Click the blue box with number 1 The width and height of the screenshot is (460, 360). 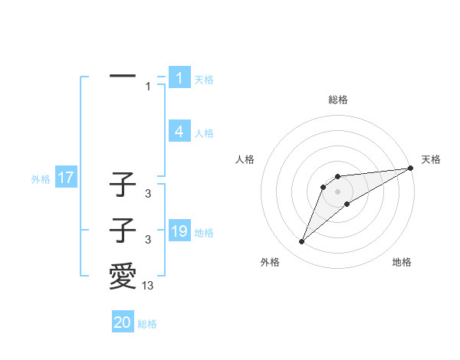pos(179,78)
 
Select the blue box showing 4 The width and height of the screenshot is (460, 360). pos(179,132)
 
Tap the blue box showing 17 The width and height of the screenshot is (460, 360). pos(65,178)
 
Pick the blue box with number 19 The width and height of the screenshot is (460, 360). pos(179,231)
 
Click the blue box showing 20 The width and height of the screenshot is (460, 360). pos(123,322)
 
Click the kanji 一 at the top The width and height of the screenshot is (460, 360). pos(123,77)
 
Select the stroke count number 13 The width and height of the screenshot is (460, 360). pos(148,286)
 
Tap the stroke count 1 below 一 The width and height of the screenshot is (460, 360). pos(148,87)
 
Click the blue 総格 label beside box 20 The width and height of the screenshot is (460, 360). pos(147,324)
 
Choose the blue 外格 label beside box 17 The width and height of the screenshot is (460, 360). pos(41,179)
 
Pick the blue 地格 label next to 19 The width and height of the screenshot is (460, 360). pos(204,232)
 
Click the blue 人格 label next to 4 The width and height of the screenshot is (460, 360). pos(204,133)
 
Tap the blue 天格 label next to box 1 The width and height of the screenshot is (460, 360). pos(204,79)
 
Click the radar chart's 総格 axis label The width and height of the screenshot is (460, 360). pos(337,100)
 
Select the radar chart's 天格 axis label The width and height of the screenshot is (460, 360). pos(431,159)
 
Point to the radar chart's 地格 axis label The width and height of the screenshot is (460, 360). pos(402,262)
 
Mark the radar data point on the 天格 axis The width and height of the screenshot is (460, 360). pos(410,169)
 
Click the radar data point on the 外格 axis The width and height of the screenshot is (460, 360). pos(302,242)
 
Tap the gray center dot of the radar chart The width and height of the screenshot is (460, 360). pos(337,191)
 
